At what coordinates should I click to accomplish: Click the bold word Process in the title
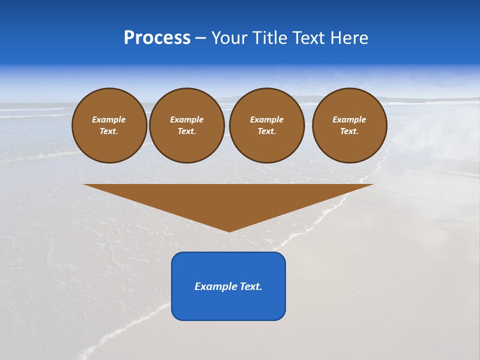(157, 38)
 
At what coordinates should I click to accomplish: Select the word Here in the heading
(349, 38)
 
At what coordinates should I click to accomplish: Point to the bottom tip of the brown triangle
(229, 230)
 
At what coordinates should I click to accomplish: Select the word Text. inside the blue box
(250, 286)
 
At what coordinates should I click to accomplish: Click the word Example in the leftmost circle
(109, 119)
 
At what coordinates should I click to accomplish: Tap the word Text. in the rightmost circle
(349, 131)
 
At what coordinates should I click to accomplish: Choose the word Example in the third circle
(266, 119)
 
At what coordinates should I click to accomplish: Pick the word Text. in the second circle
(186, 131)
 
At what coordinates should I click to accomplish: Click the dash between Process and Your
(201, 38)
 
